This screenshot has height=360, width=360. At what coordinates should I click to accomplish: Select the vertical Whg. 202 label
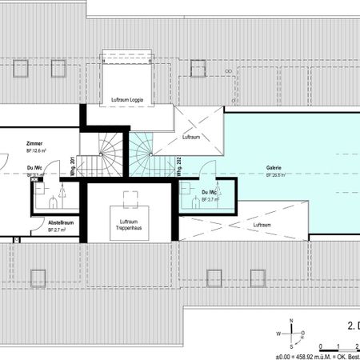click(x=178, y=166)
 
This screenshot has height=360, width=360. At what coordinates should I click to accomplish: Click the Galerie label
click(x=274, y=169)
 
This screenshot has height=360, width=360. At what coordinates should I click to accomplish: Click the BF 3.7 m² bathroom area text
click(x=211, y=199)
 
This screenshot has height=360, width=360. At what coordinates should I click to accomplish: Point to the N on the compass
click(x=292, y=321)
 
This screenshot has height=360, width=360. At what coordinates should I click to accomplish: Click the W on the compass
click(x=278, y=334)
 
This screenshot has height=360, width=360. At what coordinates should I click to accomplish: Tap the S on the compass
click(x=292, y=346)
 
